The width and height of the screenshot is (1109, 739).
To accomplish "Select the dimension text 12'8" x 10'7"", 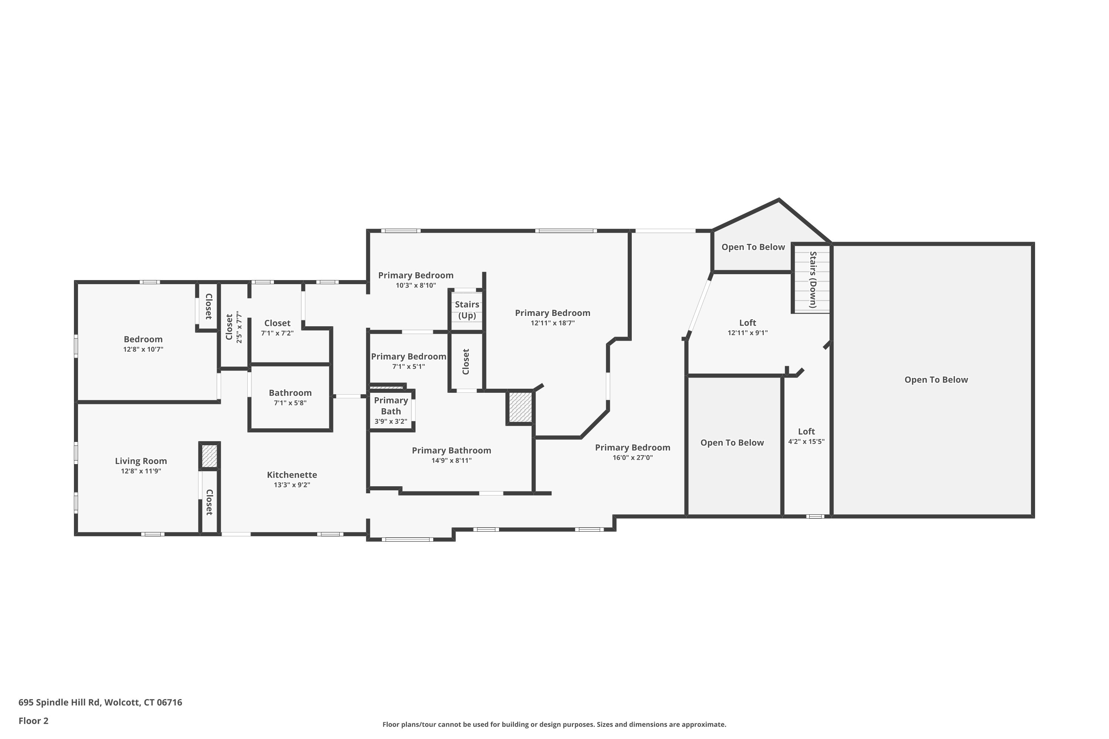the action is tap(143, 349).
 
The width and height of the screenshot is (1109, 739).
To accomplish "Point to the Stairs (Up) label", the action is tap(467, 310).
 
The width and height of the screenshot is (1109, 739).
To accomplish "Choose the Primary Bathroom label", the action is tap(451, 450).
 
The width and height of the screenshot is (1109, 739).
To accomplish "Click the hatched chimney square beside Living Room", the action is tap(209, 456).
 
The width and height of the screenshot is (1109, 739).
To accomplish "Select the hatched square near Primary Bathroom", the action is tap(520, 407).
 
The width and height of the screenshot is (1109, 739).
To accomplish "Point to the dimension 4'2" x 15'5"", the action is tap(806, 442).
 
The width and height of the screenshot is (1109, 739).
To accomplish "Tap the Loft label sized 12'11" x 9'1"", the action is tap(747, 323).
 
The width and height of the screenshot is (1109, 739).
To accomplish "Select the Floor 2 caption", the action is tap(34, 721).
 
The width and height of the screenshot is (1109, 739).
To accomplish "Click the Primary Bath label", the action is tap(391, 406).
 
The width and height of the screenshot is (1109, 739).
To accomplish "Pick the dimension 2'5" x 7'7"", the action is tap(239, 327).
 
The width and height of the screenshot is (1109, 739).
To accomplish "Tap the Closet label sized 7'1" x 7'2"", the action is tap(277, 323).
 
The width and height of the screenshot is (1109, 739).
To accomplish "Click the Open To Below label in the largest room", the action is tap(936, 380).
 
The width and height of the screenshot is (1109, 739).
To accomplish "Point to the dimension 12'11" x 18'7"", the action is tap(553, 323).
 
